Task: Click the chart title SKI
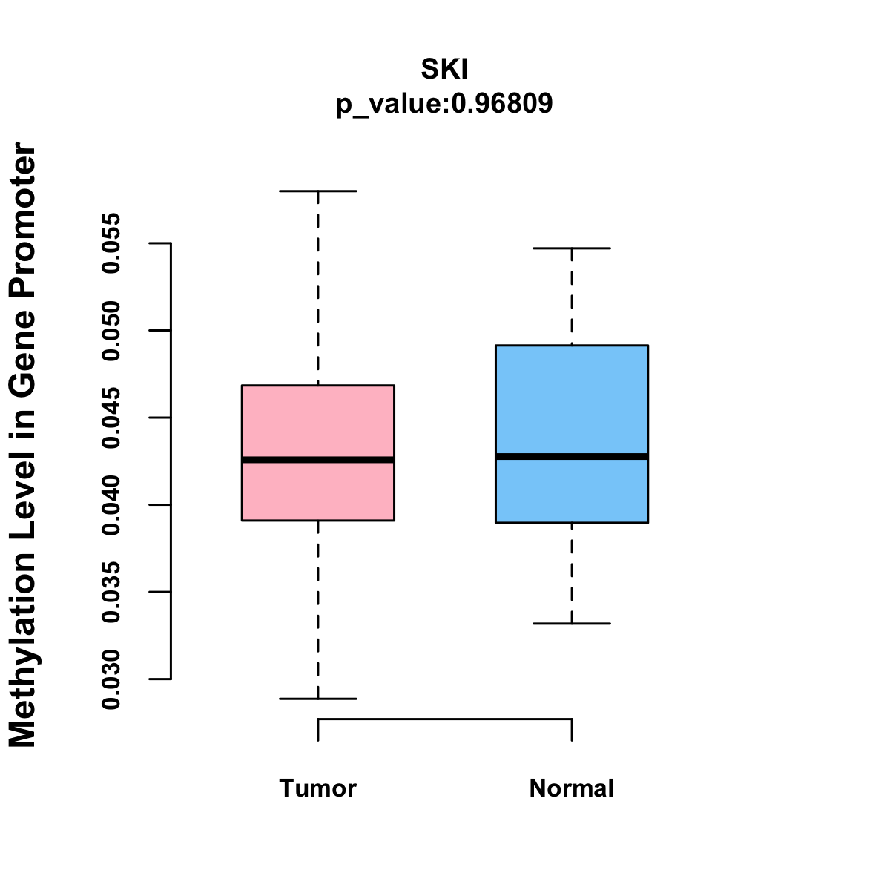(444, 69)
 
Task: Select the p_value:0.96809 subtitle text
(444, 104)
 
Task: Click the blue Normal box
(572, 400)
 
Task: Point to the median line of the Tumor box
(318, 460)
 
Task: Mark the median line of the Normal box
(572, 456)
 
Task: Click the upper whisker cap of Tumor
(318, 191)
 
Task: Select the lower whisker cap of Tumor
(318, 699)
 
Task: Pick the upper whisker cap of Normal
(572, 248)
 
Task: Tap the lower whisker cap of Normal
(572, 624)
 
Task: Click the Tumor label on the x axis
(318, 788)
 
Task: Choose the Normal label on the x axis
(572, 788)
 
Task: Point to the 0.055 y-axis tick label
(111, 243)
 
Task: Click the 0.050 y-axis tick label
(111, 331)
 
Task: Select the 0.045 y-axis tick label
(111, 418)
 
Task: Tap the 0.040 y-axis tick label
(111, 505)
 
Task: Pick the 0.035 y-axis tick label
(111, 593)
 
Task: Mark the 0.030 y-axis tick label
(111, 679)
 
